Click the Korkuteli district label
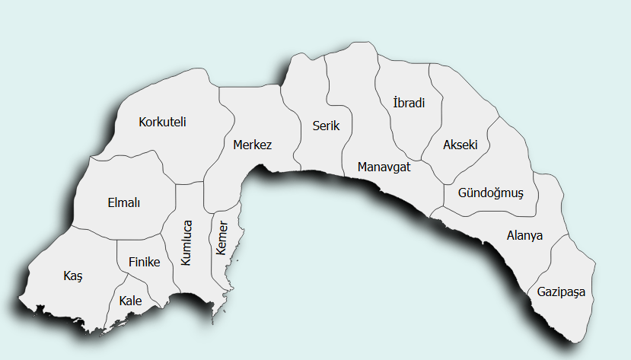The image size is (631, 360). pyautogui.click(x=162, y=122)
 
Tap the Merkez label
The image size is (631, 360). pyautogui.click(x=252, y=145)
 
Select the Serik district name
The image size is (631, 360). pyautogui.click(x=326, y=126)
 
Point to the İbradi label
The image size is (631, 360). pyautogui.click(x=409, y=103)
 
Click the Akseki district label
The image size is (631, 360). pyautogui.click(x=460, y=144)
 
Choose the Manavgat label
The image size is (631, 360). pyautogui.click(x=383, y=167)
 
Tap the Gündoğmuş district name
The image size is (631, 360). pyautogui.click(x=491, y=193)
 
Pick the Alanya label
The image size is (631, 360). pyautogui.click(x=524, y=235)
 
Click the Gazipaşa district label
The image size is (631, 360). pyautogui.click(x=562, y=292)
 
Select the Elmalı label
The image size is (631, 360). pyautogui.click(x=125, y=202)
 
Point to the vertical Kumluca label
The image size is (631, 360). pyautogui.click(x=186, y=242)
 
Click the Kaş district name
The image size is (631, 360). pyautogui.click(x=72, y=276)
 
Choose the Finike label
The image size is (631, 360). pyautogui.click(x=144, y=262)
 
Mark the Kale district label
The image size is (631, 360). pyautogui.click(x=130, y=301)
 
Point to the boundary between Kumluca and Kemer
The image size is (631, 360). pyautogui.click(x=210, y=251)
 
